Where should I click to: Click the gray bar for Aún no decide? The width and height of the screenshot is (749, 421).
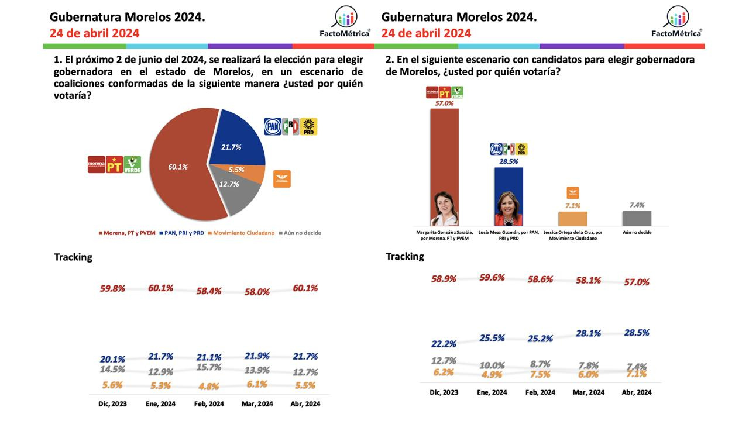click(x=637, y=219)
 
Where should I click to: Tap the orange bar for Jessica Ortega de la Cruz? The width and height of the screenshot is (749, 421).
click(x=572, y=219)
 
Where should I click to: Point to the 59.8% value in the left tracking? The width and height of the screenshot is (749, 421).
click(x=112, y=288)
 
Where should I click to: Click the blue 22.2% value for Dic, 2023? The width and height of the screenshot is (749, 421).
click(x=444, y=344)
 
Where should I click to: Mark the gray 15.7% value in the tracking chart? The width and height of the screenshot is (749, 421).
click(x=208, y=367)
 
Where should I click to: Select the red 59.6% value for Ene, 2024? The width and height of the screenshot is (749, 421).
click(x=492, y=278)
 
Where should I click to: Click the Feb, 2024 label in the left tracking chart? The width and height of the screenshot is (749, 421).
click(x=208, y=403)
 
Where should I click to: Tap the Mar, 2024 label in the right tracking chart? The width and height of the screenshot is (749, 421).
click(x=588, y=392)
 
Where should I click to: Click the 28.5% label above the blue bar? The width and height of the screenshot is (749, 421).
click(x=509, y=161)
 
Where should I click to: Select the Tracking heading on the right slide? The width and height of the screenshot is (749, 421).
click(x=405, y=256)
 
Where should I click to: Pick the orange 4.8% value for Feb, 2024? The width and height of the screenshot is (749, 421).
click(x=208, y=386)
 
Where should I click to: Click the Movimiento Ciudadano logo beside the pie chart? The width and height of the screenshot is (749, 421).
click(x=282, y=179)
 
